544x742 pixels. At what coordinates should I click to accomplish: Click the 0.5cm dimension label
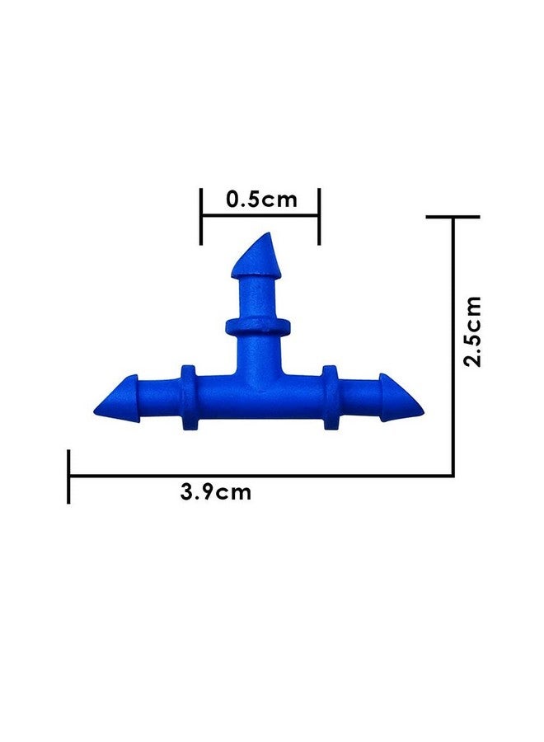[260, 199]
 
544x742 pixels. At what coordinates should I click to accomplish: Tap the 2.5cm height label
[472, 331]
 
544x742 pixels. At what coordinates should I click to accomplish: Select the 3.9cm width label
[215, 493]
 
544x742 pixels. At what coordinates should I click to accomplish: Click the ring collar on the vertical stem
[258, 326]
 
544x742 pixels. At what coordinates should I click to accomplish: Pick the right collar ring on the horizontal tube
[330, 397]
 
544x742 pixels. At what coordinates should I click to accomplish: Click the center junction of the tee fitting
[258, 387]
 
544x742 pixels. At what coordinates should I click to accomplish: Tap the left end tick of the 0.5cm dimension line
[201, 216]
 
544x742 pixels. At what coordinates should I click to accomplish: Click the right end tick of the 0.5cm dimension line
[319, 216]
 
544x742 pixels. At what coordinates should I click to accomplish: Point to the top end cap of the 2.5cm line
[453, 217]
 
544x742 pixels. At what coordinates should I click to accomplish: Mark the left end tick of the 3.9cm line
[69, 476]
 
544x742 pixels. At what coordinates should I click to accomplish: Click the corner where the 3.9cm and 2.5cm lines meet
[453, 475]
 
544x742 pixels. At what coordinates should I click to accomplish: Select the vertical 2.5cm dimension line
[453, 346]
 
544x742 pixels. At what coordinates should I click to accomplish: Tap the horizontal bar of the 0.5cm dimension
[260, 216]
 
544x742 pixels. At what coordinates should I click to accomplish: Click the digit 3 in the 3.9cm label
[186, 493]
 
